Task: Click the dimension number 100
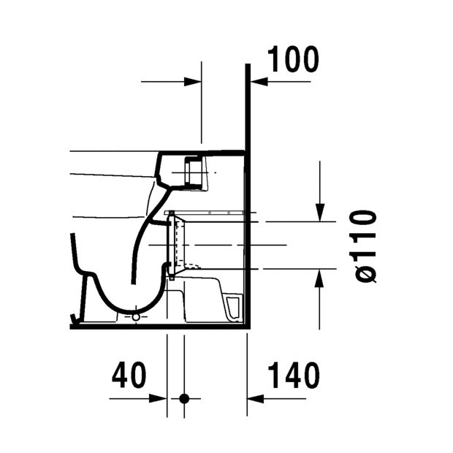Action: tap(292, 59)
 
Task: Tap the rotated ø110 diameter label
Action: tap(362, 245)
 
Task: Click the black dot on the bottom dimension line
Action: tap(184, 399)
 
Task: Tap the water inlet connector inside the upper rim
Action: tap(194, 172)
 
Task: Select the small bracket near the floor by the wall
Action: tap(232, 307)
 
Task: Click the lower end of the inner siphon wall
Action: tap(134, 281)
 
